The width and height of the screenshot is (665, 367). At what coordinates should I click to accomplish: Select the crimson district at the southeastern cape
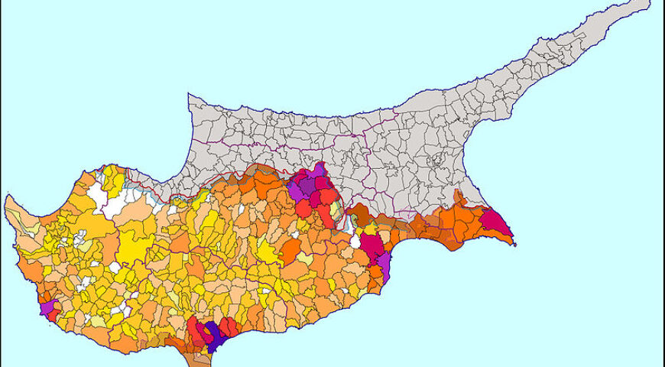tap(496, 224)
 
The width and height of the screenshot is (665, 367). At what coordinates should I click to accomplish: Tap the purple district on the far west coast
tap(47, 308)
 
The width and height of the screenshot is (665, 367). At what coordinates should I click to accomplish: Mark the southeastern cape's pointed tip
tap(515, 245)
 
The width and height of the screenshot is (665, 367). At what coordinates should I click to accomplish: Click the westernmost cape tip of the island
tap(6, 200)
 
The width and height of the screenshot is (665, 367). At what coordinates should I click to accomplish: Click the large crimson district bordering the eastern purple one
tap(371, 246)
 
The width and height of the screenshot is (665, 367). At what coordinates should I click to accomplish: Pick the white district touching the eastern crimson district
tap(355, 241)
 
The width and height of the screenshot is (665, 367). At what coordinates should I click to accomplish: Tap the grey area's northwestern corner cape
tap(190, 96)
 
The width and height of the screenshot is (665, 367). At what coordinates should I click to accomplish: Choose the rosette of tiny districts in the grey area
tap(438, 161)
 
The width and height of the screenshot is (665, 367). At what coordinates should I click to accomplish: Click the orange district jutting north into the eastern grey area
tap(459, 196)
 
